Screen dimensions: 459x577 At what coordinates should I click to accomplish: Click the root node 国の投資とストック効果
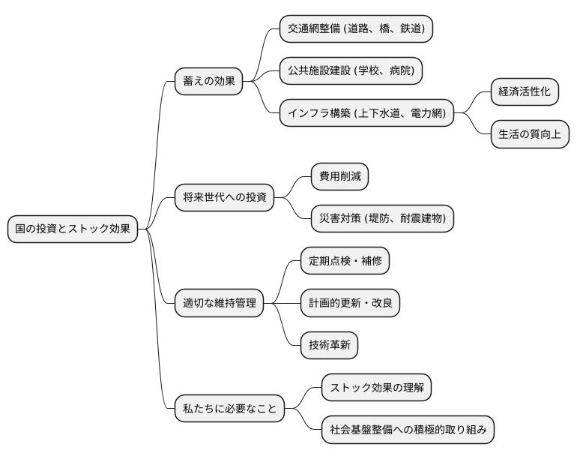tap(73, 229)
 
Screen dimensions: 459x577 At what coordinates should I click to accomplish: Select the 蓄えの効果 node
tap(208, 81)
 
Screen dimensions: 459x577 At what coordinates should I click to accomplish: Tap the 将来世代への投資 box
tap(223, 198)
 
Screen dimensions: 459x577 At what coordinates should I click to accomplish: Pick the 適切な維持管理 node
tap(220, 303)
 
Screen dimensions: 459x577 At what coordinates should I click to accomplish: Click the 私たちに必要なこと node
tap(229, 409)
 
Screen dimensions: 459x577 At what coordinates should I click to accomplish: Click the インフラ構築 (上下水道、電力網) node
tap(366, 113)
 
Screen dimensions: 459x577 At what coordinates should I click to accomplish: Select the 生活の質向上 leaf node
tap(529, 135)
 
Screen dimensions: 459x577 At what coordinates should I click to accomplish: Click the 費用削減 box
tap(339, 177)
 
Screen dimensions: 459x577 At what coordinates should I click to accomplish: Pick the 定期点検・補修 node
tap(345, 261)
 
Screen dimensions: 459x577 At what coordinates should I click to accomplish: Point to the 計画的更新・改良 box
tap(350, 303)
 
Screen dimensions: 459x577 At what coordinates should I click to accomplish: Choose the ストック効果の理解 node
tap(377, 388)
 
